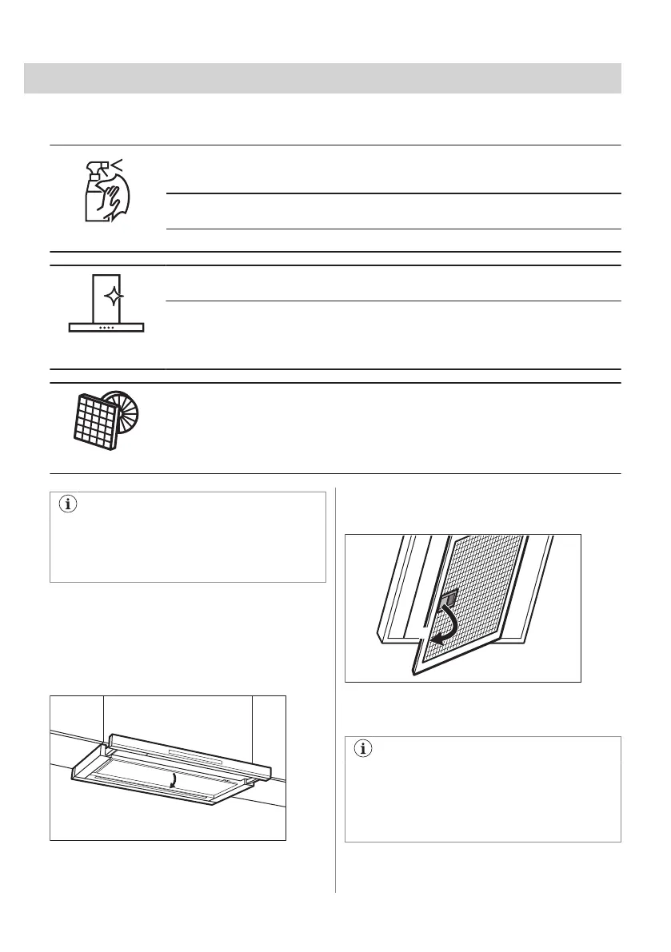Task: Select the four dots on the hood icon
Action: (106, 326)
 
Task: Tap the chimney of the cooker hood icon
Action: (106, 296)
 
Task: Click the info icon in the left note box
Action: (68, 505)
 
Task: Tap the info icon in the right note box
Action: (364, 749)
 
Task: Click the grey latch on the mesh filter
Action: (448, 598)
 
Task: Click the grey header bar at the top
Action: (322, 78)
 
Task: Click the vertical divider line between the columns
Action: (335, 687)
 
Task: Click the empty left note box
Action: (188, 544)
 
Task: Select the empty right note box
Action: (482, 795)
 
